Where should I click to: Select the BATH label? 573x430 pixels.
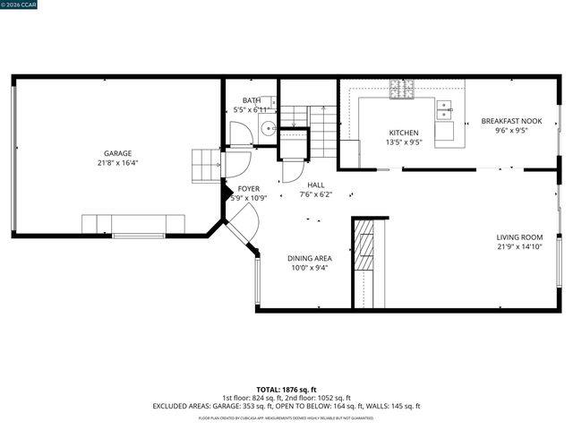coord(251,100)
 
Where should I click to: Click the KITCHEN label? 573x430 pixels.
coord(403,133)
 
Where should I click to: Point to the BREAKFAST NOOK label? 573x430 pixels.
coord(511,120)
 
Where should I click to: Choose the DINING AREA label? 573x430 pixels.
coord(310,258)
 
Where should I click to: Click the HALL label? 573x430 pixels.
coord(315,185)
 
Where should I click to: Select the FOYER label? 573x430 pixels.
coord(248,188)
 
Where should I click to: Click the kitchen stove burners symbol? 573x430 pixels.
coord(399,88)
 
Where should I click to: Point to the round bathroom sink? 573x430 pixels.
coord(267,128)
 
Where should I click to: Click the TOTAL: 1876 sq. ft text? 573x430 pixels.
coord(286,390)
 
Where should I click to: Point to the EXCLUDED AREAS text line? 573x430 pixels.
coord(286,406)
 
